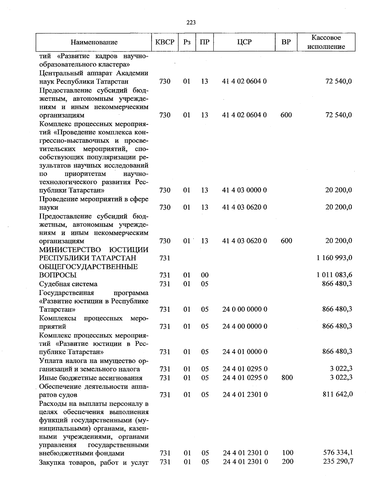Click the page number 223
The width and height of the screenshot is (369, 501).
[191, 22]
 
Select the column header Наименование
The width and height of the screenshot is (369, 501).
[94, 42]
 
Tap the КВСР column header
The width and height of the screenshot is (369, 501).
[165, 42]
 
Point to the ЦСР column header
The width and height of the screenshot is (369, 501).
[244, 42]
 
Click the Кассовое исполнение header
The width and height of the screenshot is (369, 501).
[326, 42]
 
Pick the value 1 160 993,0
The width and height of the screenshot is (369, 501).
[334, 258]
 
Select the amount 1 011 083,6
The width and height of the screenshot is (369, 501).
[334, 275]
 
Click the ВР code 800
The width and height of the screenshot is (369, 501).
[287, 377]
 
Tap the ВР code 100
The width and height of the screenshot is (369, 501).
[288, 453]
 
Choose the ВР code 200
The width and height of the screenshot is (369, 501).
[288, 461]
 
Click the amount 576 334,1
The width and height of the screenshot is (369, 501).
[338, 452]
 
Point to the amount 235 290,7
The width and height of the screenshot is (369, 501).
[338, 461]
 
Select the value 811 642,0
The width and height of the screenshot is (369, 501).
[337, 394]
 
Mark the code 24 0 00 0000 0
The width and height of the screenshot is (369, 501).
[245, 309]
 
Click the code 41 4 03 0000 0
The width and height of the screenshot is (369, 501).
[244, 190]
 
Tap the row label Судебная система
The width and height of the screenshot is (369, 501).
[68, 284]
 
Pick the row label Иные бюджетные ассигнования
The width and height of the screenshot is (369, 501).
[91, 378]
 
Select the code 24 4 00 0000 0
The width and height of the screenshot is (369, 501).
[245, 326]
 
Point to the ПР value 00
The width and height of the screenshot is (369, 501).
[204, 275]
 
